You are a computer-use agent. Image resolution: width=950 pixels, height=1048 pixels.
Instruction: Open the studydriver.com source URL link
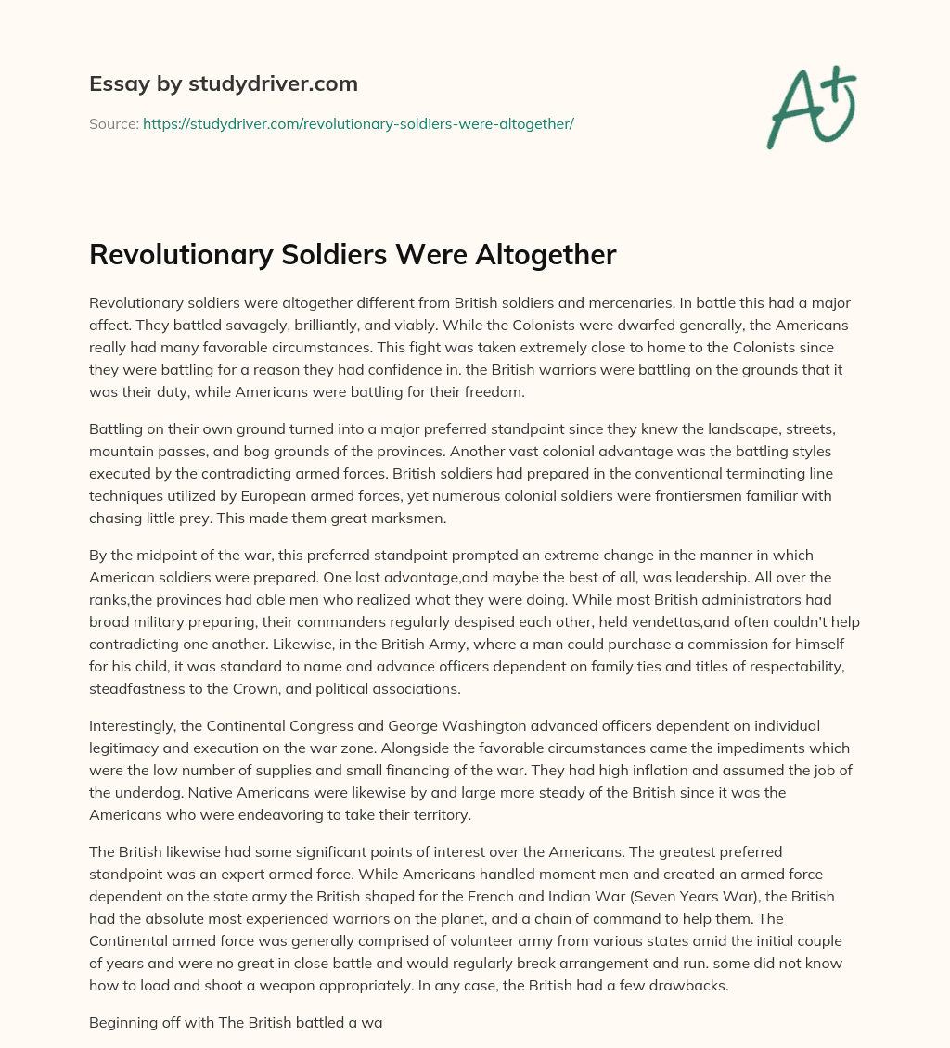(x=358, y=123)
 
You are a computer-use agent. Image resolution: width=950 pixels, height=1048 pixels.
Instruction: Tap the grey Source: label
(x=113, y=123)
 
